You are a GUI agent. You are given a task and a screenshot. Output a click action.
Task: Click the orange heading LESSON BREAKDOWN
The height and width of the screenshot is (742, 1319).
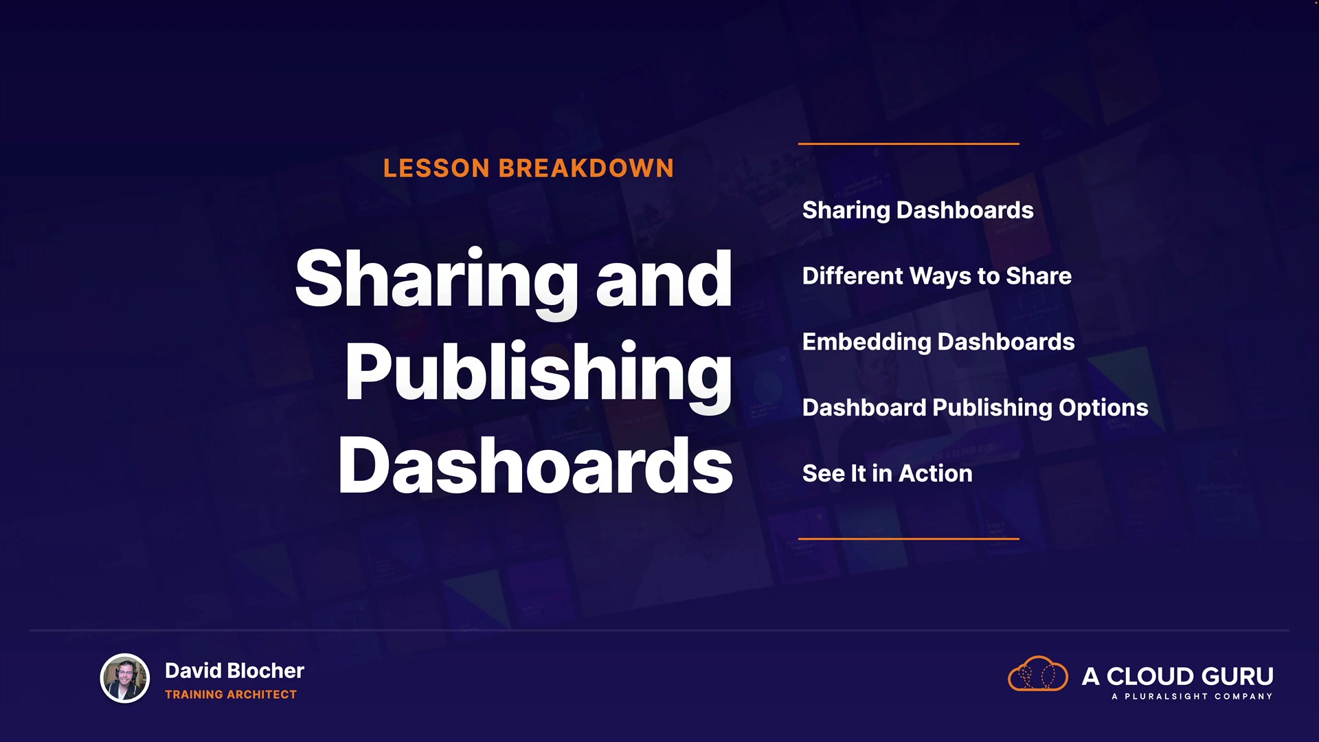click(x=528, y=168)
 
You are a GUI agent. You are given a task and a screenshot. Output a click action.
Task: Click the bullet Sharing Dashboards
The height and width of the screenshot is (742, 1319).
click(x=918, y=211)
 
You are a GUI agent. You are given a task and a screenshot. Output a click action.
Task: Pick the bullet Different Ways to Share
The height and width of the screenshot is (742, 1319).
click(x=937, y=276)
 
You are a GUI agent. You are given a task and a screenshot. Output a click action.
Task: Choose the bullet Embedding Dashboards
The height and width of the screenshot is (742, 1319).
click(x=938, y=342)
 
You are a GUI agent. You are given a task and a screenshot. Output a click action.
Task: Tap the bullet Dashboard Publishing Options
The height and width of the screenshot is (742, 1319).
click(x=976, y=408)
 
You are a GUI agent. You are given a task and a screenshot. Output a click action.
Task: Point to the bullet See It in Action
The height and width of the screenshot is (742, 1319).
click(x=888, y=473)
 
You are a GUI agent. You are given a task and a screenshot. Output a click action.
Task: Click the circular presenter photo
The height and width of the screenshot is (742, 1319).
click(x=125, y=678)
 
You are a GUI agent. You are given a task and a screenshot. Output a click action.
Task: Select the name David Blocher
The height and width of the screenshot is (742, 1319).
click(x=234, y=671)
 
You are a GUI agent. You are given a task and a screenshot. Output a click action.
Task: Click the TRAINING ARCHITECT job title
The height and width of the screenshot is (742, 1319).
click(x=231, y=695)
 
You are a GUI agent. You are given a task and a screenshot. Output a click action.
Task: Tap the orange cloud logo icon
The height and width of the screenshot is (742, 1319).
click(x=1038, y=674)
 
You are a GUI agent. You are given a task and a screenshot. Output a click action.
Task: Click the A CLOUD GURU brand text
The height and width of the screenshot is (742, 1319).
click(x=1177, y=676)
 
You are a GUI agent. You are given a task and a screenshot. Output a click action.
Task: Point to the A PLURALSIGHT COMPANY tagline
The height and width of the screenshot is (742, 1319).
click(x=1192, y=697)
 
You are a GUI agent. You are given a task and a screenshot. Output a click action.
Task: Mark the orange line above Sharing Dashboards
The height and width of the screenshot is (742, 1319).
click(x=908, y=144)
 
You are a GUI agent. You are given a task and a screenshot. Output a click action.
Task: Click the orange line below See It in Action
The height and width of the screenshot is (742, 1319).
click(x=908, y=539)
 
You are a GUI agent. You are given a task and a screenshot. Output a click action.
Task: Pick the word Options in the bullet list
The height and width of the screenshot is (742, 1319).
click(x=1103, y=408)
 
